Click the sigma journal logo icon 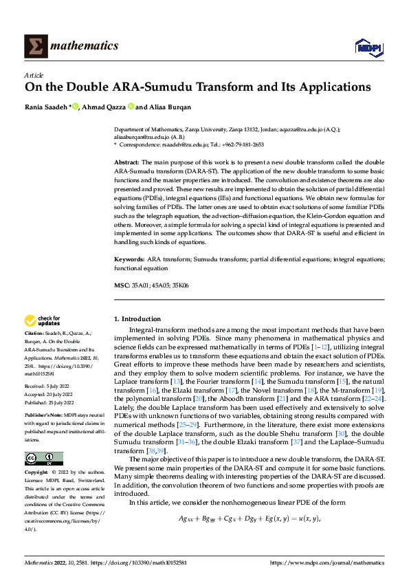[x=34, y=45]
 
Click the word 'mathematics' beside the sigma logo [x=83, y=46]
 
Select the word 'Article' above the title [x=34, y=75]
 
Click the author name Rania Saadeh [x=47, y=107]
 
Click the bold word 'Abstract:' [x=129, y=161]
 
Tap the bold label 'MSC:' [x=122, y=285]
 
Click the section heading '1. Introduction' [x=137, y=319]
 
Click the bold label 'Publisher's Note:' [x=45, y=416]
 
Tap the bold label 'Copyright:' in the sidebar [x=38, y=474]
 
